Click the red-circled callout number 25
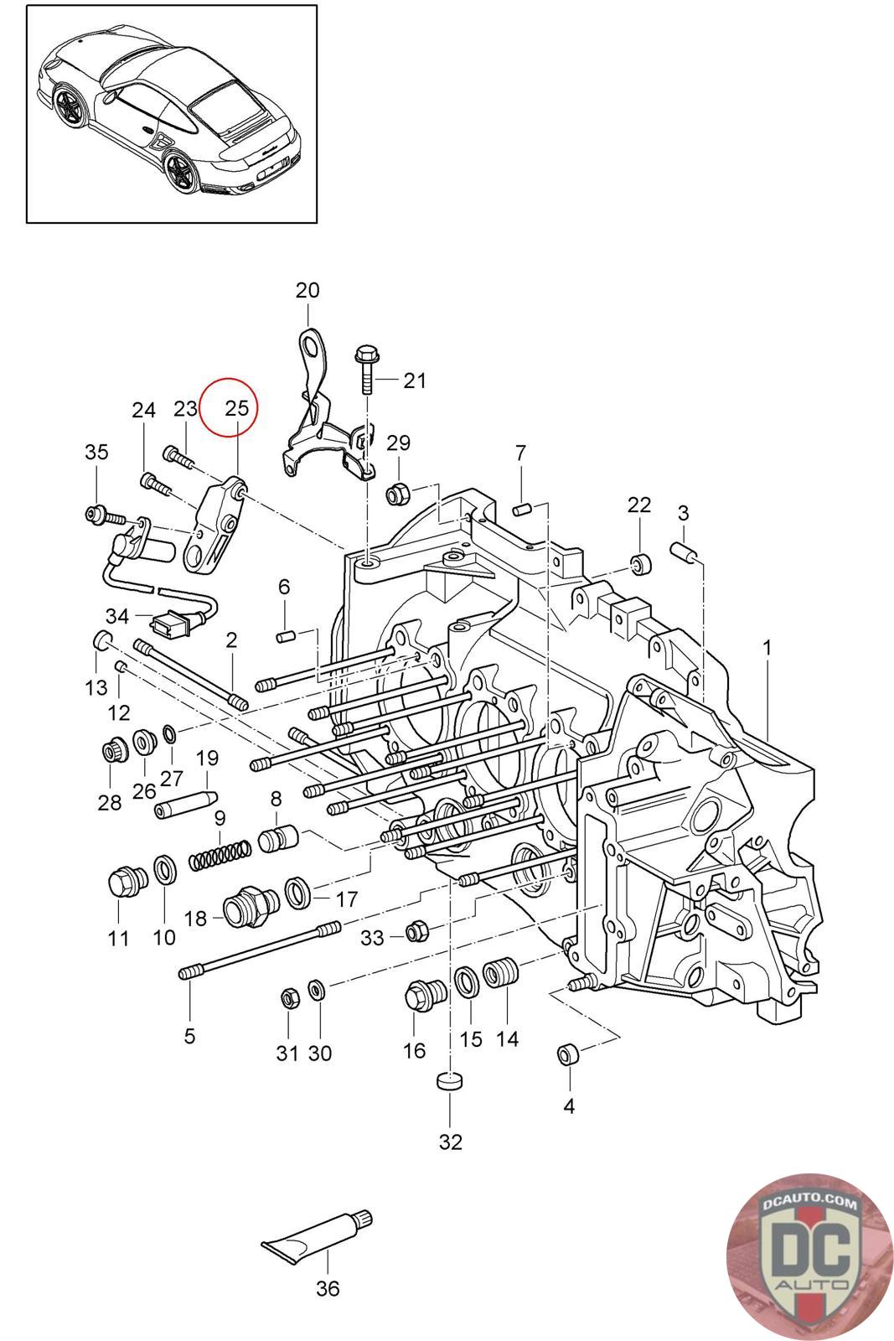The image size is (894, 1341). point(237,408)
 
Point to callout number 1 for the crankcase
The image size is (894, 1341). point(767,647)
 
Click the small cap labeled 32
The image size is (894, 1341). point(450,1081)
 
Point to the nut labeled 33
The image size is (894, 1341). point(417,931)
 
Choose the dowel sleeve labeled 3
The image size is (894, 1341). point(684,552)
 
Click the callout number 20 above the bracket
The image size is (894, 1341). point(307,291)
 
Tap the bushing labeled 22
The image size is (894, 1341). point(641,563)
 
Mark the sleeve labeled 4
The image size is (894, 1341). point(568,1054)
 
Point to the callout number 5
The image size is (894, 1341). point(189,1035)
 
